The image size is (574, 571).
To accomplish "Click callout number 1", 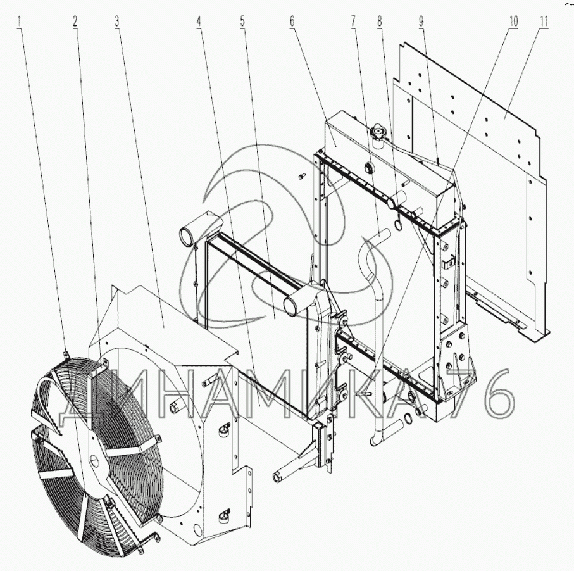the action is [x=19, y=22].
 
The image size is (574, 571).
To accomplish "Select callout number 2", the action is [x=75, y=22].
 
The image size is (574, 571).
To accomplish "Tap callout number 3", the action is [x=117, y=22].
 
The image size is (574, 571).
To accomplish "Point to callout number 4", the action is [x=199, y=22].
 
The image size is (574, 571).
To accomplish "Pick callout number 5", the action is [x=242, y=22].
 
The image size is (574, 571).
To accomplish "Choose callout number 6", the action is [x=292, y=22].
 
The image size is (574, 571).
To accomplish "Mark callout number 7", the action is [x=353, y=22].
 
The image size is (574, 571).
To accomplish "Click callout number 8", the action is [x=380, y=22].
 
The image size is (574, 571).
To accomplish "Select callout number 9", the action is [x=421, y=22].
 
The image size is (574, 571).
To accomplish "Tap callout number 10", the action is [x=513, y=22].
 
